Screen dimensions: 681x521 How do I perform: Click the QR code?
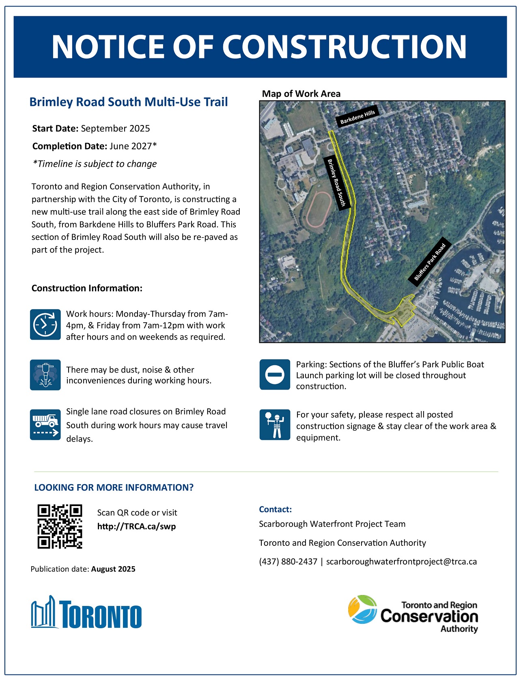point(60,526)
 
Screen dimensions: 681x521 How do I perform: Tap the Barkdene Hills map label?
point(357,117)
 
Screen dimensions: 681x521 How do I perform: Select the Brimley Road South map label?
point(336,183)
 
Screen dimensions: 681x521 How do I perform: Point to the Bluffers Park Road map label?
point(430,261)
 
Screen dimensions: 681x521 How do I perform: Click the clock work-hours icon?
point(45,325)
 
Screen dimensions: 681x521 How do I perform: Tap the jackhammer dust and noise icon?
point(45,375)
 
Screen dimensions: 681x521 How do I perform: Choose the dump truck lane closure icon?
point(45,425)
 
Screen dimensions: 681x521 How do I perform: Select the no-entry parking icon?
point(275,375)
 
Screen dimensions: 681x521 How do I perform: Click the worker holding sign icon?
point(275,425)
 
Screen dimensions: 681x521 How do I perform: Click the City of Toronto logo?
point(86,612)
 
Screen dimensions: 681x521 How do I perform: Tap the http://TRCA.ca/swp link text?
point(136,527)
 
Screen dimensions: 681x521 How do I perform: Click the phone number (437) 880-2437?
point(288,562)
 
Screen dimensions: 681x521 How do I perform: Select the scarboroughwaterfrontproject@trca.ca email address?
point(401,562)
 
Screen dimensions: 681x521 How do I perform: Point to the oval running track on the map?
point(318,209)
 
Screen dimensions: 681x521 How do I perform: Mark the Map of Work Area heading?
point(301,94)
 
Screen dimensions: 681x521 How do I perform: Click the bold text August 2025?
point(113,569)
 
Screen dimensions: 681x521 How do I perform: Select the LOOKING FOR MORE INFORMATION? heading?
point(114,487)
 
